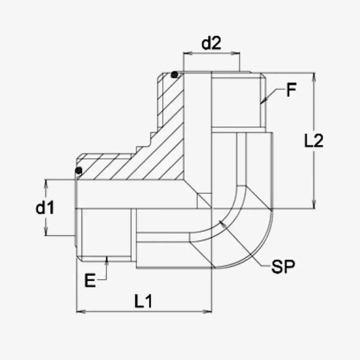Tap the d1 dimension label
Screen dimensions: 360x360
[x=45, y=207]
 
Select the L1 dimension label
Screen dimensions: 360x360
[x=143, y=301]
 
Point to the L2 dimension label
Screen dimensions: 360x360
[x=314, y=140]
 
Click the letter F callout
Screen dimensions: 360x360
[x=291, y=90]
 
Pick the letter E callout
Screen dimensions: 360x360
[x=90, y=280]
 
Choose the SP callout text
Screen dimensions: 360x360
[x=283, y=266]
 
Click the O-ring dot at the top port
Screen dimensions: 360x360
[x=175, y=75]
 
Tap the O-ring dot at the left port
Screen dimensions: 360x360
[x=78, y=171]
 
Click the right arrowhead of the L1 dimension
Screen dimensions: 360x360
[x=207, y=311]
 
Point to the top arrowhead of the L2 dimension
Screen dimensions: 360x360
[x=314, y=77]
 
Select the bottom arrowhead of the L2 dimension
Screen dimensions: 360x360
[x=314, y=204]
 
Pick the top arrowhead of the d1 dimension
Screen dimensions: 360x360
[x=46, y=184]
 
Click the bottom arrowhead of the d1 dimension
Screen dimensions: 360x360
[x=46, y=231]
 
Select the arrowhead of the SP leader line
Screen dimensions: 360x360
[x=222, y=223]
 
